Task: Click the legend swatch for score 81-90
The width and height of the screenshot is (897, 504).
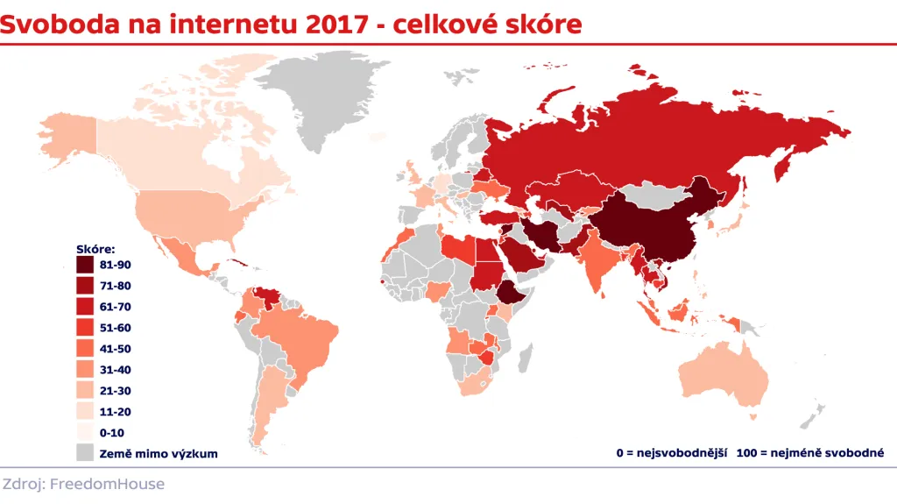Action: [85, 264]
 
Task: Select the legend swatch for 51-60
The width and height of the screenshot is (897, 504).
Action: [85, 327]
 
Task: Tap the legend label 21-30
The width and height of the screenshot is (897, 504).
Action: [116, 390]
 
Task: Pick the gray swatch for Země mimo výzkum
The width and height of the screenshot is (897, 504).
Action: [85, 453]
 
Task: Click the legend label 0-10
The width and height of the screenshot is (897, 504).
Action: [112, 432]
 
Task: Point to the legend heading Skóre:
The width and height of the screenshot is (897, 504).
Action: [96, 249]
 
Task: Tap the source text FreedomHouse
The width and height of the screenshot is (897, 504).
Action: [108, 484]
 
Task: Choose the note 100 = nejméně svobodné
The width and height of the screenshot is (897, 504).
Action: [811, 453]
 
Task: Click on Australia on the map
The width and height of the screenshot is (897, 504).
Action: [724, 377]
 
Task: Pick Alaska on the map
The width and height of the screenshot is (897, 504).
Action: [66, 140]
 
